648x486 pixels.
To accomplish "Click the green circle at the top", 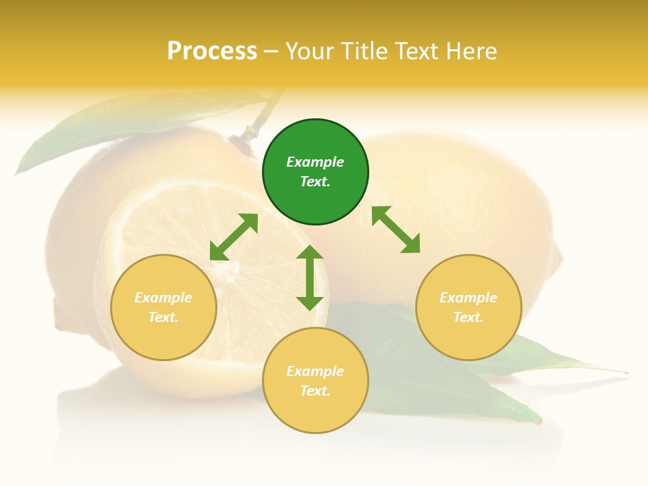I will coord(315,172).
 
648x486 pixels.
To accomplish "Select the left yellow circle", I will coord(163,307).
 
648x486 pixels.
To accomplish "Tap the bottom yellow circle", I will coord(315,381).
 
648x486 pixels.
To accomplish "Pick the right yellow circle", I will coord(468,307).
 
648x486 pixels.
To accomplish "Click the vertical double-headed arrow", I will coord(310,277).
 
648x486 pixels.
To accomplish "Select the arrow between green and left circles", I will coord(234,237).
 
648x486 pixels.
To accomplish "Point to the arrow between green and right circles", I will coord(396,230).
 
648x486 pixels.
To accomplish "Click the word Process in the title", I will coord(212,51).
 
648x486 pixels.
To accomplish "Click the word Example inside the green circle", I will coord(315,162).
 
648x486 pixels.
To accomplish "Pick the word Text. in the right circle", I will coord(468,317).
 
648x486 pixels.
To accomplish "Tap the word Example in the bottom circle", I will coord(315,371).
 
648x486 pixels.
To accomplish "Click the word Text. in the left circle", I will coord(163,317).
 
